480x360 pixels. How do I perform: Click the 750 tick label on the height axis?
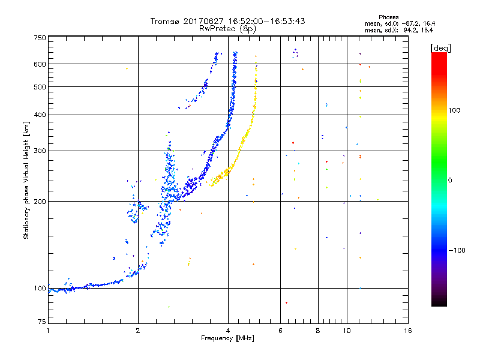coord(40,38)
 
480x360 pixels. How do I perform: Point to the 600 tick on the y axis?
coord(40,64)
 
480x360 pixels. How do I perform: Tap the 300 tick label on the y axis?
coord(40,151)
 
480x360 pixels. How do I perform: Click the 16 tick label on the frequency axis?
coord(407,331)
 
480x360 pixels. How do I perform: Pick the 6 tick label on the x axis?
coord(280,331)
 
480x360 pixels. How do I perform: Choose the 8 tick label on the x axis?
coord(318,331)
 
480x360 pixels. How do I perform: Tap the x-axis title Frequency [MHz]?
coord(227,338)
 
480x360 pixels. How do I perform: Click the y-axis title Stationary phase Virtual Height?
coord(26,180)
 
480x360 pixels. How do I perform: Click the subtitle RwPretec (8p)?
coord(227,28)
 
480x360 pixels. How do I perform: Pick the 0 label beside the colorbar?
coord(451,180)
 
